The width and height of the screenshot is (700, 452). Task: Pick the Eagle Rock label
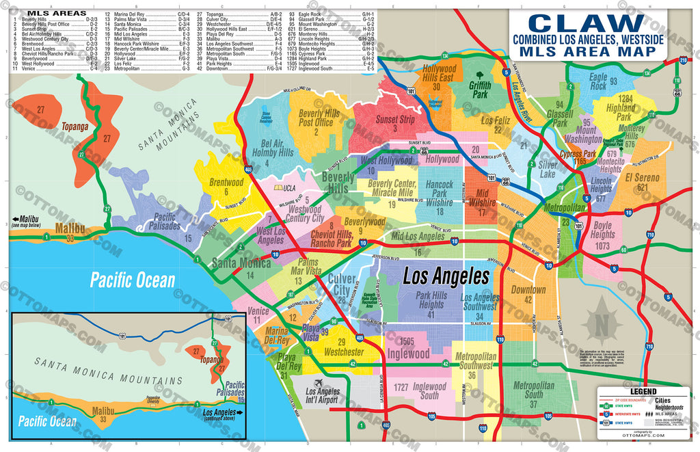pos(597,82)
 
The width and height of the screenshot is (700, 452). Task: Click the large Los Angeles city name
pos(446,276)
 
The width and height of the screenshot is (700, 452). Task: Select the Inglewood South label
pos(429,391)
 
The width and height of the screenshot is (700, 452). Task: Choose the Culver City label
pos(342,283)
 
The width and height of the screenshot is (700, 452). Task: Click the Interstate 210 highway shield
pos(684,60)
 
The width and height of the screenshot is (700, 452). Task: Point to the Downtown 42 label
pos(528,294)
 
